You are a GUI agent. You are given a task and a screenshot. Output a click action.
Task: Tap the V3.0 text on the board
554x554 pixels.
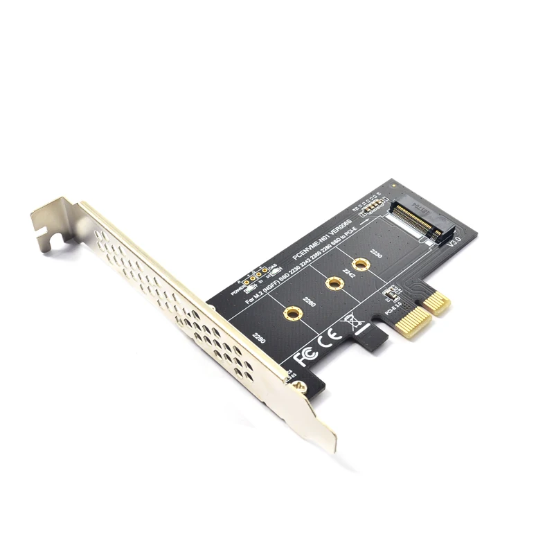[455, 243]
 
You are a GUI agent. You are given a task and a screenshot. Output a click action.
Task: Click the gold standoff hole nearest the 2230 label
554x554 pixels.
[360, 264]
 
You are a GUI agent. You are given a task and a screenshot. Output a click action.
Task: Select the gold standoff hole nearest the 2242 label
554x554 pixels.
[334, 283]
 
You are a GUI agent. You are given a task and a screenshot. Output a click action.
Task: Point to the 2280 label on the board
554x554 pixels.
[259, 339]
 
